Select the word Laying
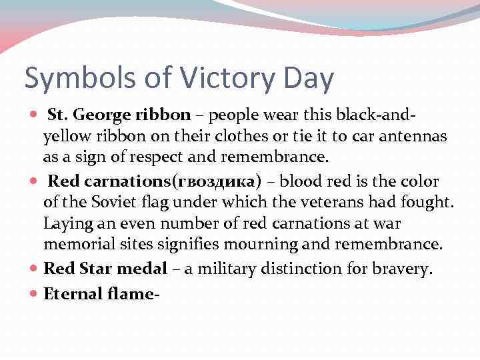65,224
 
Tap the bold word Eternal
70,293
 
